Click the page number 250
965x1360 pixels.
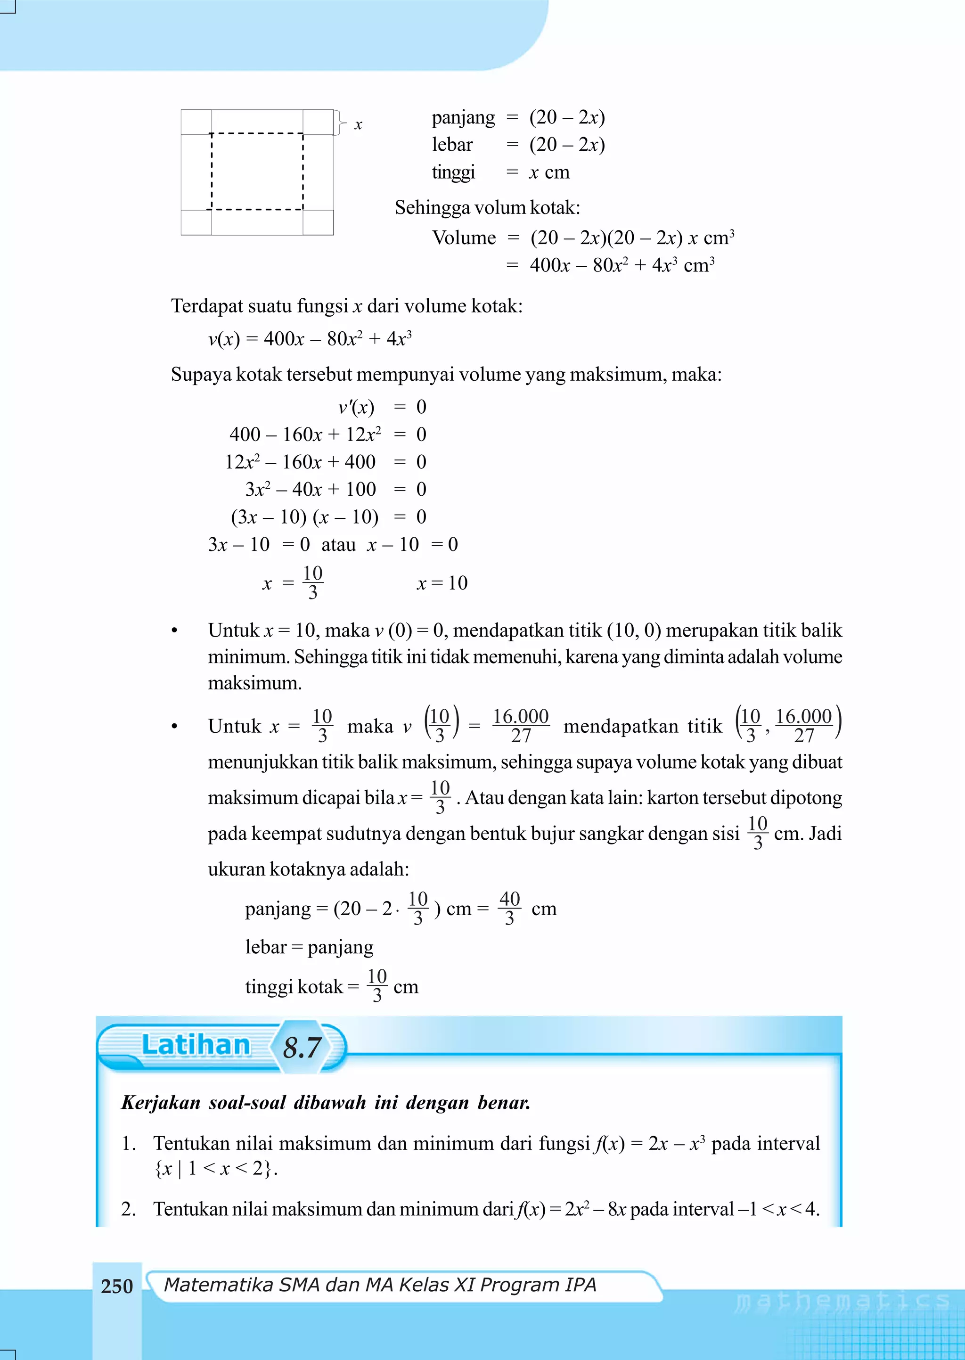click(116, 1286)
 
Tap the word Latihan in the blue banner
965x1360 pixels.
click(196, 1045)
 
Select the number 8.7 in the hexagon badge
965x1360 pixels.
click(302, 1047)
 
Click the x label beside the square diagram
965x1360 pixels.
click(358, 125)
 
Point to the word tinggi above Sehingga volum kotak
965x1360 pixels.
click(453, 172)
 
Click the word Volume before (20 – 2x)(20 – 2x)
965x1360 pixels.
click(464, 238)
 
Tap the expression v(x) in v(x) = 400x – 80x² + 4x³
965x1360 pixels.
click(223, 339)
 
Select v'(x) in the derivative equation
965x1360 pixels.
click(356, 408)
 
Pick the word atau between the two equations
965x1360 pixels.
click(338, 544)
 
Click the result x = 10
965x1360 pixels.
click(442, 583)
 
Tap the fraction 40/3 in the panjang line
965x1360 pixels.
click(509, 908)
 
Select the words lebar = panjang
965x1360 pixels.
click(309, 946)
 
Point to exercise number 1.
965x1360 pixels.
click(128, 1143)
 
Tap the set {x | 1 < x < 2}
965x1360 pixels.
click(215, 1169)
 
